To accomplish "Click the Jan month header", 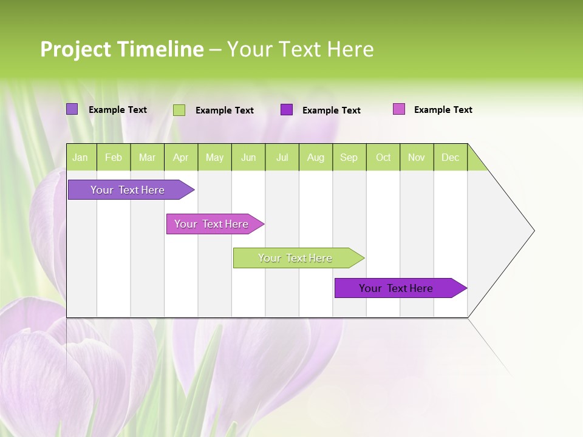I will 81,158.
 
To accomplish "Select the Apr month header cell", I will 181,158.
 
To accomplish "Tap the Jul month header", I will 282,158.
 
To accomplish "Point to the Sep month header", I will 349,158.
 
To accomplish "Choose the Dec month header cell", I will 450,158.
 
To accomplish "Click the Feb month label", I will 114,158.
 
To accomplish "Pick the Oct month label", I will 383,158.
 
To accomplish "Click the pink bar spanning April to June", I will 213,224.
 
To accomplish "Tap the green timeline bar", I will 296,258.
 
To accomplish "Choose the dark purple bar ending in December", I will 398,288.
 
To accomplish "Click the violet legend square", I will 72,109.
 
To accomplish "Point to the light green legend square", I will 179,110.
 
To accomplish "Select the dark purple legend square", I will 287,110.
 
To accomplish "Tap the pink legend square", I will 399,109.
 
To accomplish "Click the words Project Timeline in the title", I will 122,49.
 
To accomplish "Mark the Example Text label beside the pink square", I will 443,110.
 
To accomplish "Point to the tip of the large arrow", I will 533,231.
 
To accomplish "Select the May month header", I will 214,158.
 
